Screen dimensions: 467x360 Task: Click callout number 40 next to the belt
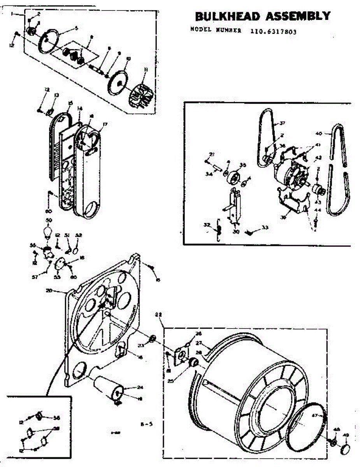(319, 133)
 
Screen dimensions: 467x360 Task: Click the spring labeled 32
(219, 231)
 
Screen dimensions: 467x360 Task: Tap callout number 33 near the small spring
(265, 228)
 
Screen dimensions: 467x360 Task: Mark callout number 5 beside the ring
(76, 28)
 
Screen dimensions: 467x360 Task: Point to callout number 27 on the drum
(199, 344)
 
